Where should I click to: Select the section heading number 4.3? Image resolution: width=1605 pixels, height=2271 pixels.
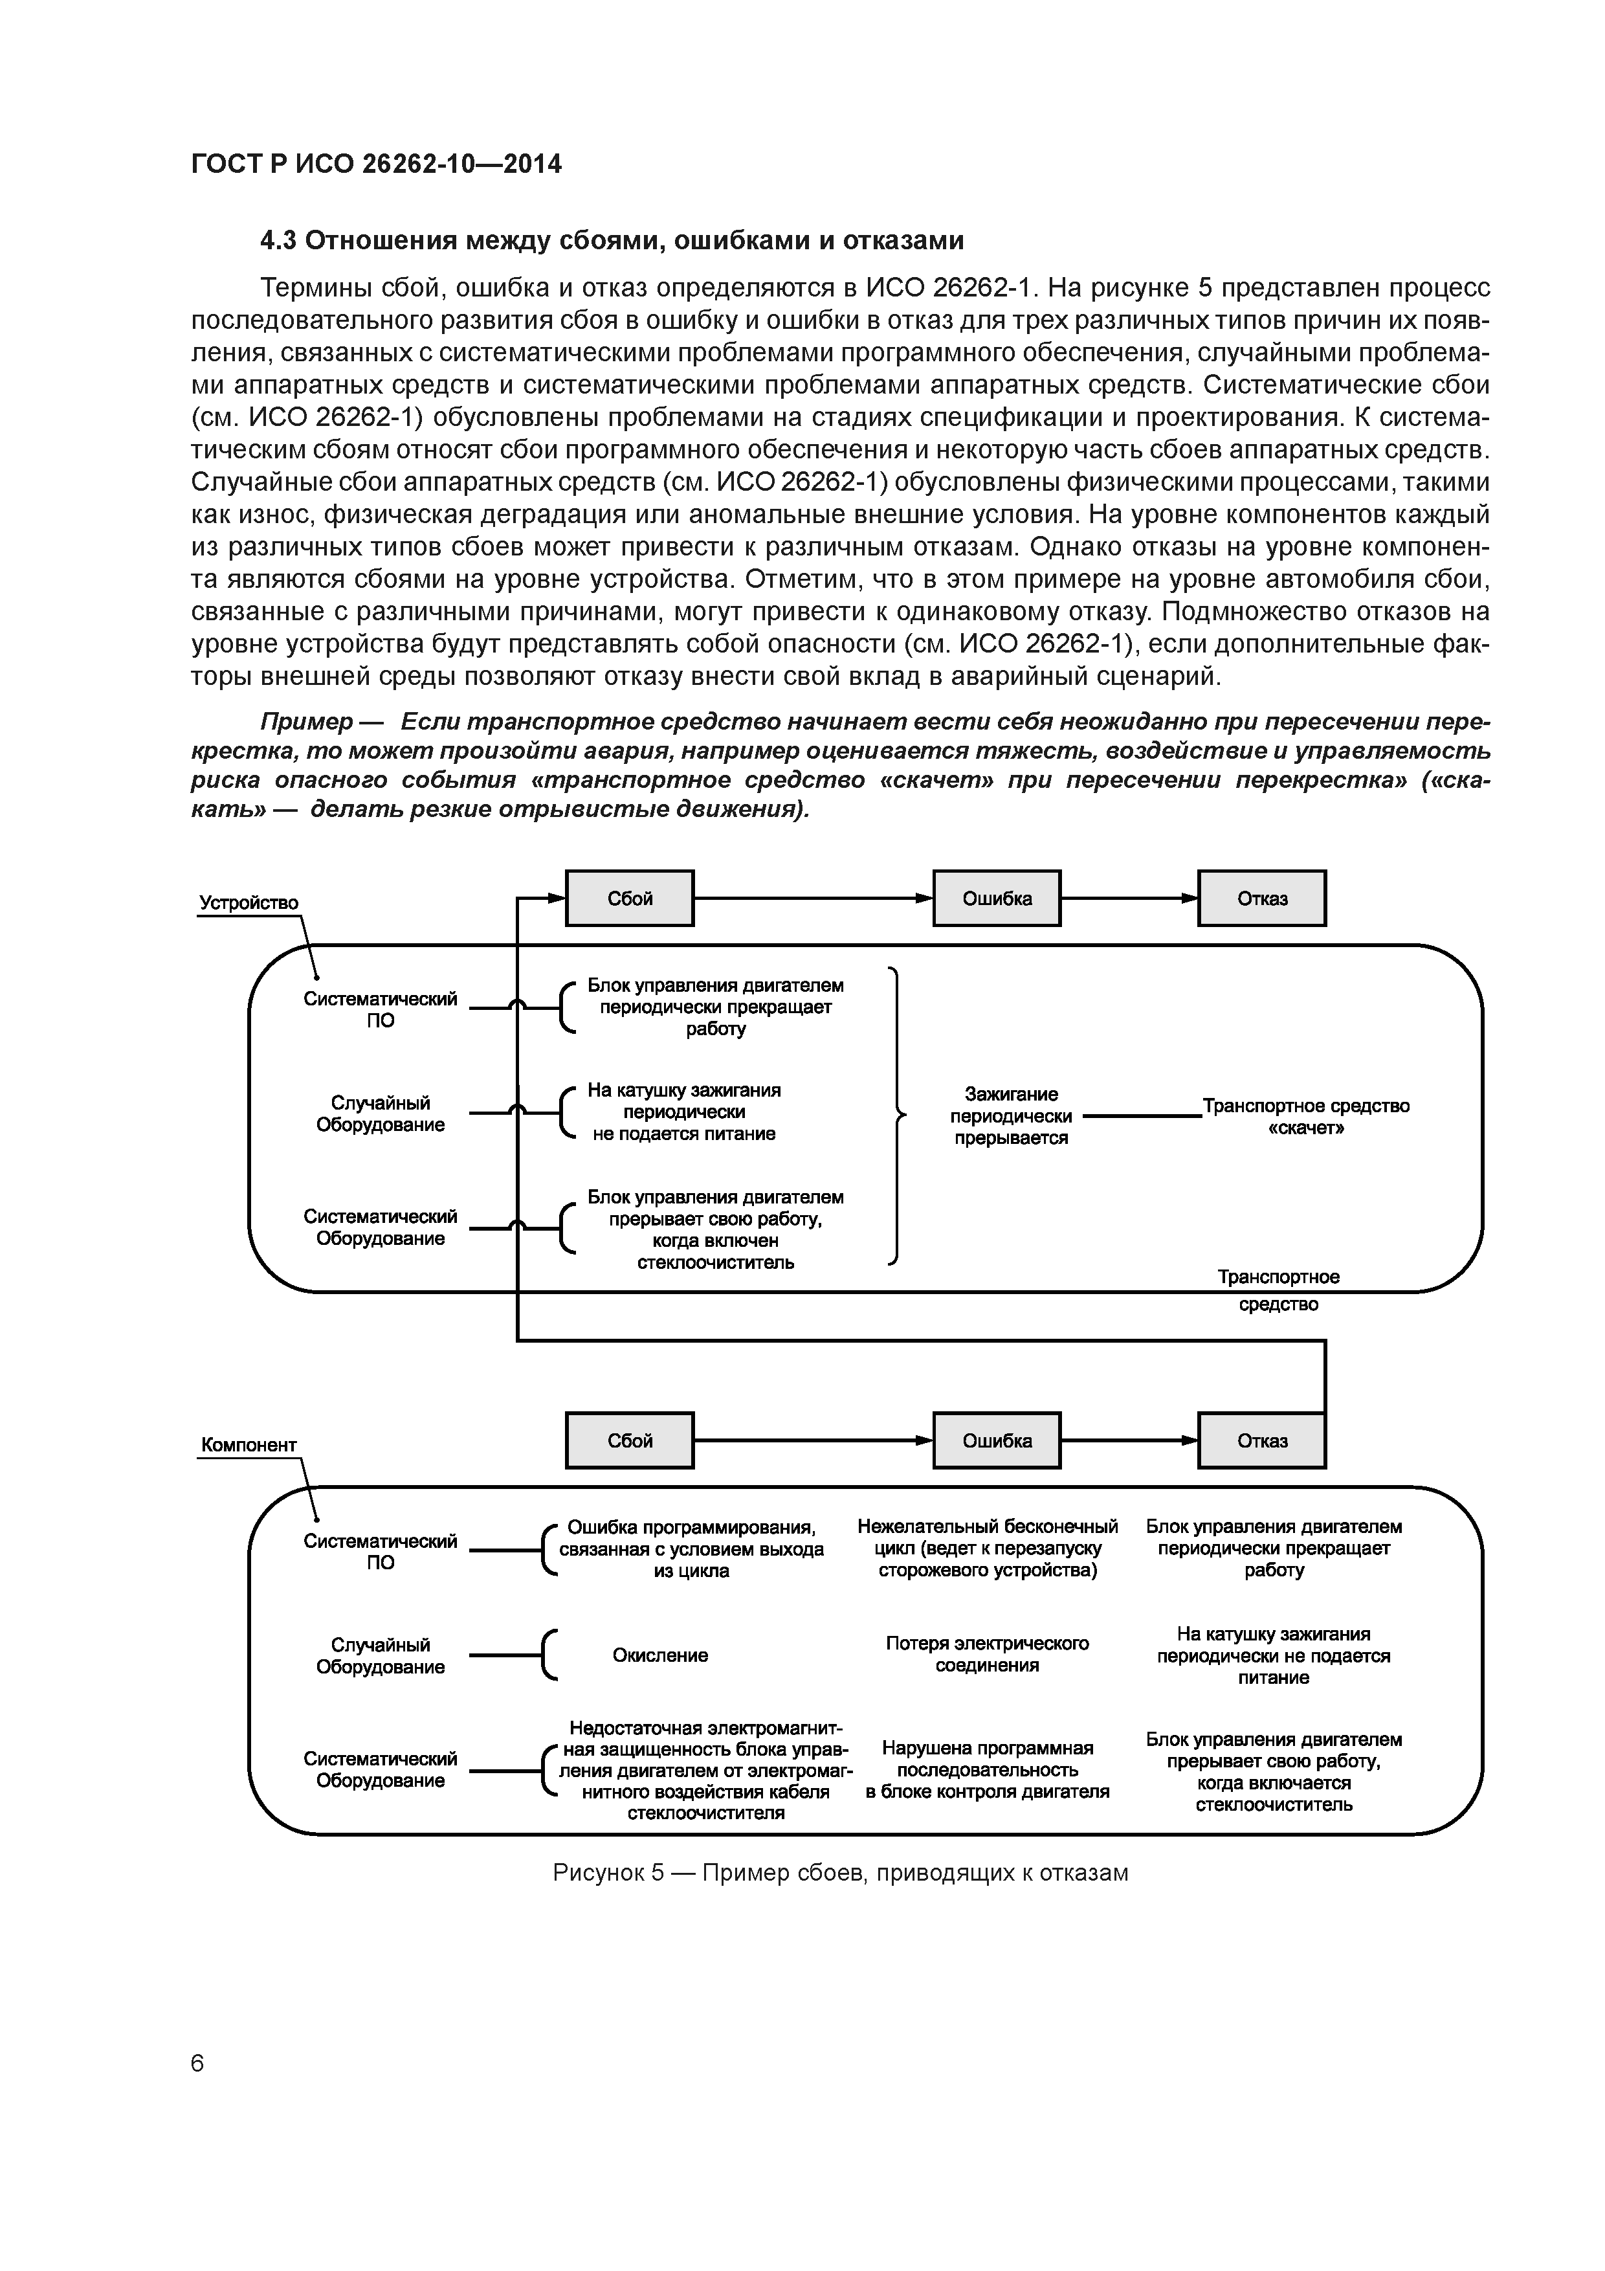(280, 240)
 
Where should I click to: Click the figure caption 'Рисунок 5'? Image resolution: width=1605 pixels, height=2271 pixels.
(607, 1872)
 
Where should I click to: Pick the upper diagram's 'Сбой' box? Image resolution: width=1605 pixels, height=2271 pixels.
(629, 898)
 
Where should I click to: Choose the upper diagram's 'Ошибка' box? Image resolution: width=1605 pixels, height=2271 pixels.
(996, 898)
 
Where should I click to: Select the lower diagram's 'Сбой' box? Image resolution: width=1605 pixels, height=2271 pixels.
(629, 1440)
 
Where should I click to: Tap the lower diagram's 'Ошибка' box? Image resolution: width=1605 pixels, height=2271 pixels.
(996, 1440)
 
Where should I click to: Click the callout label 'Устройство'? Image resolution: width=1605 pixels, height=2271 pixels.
(249, 902)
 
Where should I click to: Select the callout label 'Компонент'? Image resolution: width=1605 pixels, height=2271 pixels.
(249, 1444)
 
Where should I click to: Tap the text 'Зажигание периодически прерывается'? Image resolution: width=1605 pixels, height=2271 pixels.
(1011, 1115)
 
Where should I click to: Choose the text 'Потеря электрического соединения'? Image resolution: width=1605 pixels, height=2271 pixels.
(987, 1654)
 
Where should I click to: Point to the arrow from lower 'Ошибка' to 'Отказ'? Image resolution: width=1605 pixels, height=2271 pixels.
(1128, 1440)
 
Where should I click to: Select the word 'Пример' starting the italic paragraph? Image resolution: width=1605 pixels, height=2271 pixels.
(305, 721)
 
